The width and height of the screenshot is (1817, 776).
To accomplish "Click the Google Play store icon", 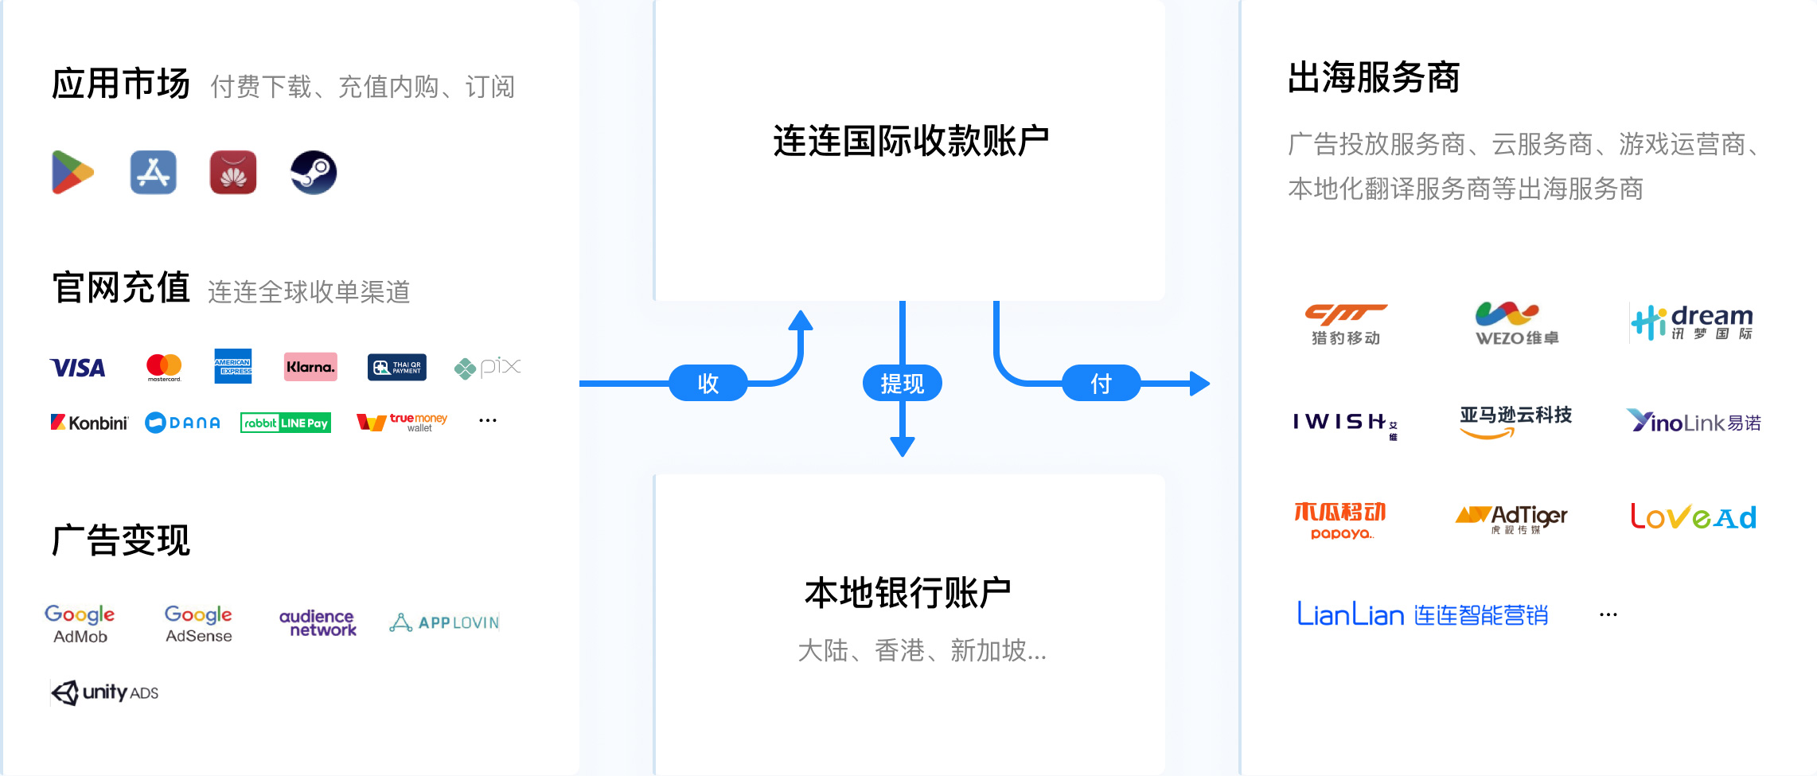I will (73, 172).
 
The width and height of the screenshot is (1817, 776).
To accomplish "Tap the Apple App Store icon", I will (154, 172).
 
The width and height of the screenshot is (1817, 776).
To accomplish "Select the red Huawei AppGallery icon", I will (233, 172).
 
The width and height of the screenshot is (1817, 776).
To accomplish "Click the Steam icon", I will (314, 172).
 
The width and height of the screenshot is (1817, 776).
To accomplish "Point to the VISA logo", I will (78, 368).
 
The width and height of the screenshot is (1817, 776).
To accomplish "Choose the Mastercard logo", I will (164, 367).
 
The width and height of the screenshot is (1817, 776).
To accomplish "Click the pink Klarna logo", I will (310, 367).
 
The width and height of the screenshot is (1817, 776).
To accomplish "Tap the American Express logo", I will (233, 366).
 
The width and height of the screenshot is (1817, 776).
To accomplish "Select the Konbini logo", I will (89, 423).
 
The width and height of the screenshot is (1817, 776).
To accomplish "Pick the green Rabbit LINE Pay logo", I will (286, 423).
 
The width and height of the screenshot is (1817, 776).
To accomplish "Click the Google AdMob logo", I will (80, 623).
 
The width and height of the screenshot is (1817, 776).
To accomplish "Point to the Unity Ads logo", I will (105, 692).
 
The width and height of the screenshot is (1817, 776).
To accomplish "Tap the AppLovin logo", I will (445, 622).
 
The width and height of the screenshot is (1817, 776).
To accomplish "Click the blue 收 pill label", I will (708, 384).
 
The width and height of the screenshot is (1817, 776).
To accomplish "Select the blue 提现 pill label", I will (902, 384).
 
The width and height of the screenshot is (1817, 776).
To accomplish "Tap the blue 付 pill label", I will (1101, 384).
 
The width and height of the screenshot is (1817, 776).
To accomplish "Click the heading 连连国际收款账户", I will (910, 141).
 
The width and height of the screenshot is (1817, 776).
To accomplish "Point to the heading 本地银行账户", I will (908, 593).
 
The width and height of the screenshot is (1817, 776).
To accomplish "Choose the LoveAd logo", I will (1694, 517).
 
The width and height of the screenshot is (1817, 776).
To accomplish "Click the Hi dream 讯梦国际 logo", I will (1692, 322).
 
